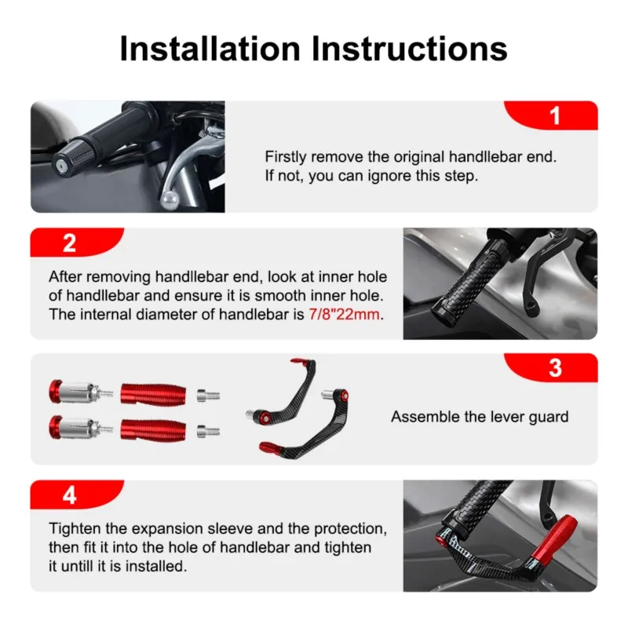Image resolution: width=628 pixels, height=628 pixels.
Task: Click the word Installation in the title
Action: [x=210, y=49]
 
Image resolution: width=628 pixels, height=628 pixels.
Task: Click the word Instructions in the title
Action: [x=410, y=49]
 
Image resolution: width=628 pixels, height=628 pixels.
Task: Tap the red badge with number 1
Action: [x=555, y=116]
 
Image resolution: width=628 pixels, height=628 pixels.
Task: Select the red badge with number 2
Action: [x=69, y=243]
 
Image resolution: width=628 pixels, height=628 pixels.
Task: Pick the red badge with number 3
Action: [x=555, y=368]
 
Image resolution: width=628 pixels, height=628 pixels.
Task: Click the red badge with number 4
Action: [x=69, y=495]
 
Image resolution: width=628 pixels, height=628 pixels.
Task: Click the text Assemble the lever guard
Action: [x=480, y=417]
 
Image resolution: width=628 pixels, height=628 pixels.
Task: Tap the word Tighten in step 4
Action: [x=75, y=528]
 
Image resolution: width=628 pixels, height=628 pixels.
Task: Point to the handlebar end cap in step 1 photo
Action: [x=62, y=166]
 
